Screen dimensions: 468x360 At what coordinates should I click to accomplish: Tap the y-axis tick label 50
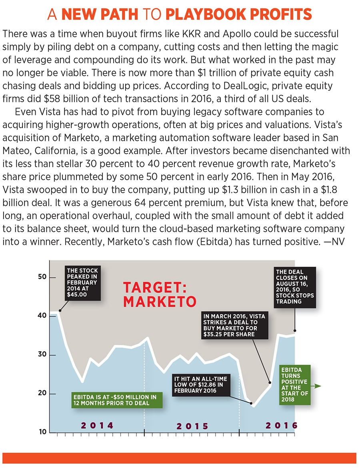(x=42, y=277)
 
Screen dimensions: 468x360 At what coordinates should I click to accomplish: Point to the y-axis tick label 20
(x=42, y=394)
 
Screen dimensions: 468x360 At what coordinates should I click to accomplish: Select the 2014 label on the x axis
(x=97, y=425)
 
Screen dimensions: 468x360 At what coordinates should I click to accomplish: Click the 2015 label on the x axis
(x=192, y=426)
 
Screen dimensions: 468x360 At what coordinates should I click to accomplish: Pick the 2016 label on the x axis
(x=281, y=425)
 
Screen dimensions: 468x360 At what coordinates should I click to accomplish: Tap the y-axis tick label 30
(x=42, y=355)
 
